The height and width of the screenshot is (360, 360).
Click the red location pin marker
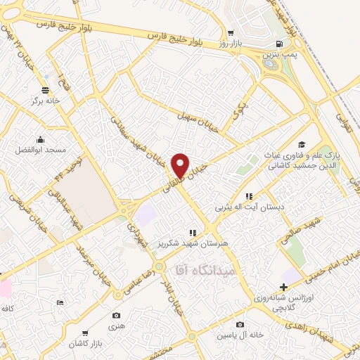click(181, 166)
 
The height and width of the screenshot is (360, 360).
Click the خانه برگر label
click(46, 101)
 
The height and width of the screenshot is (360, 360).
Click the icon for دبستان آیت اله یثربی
click(247, 196)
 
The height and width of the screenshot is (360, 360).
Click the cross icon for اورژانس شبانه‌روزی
click(284, 287)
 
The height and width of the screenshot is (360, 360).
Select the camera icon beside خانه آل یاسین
click(240, 324)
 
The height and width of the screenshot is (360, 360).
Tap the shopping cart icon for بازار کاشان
click(84, 333)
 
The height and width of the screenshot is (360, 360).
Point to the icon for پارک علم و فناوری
click(301, 144)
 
